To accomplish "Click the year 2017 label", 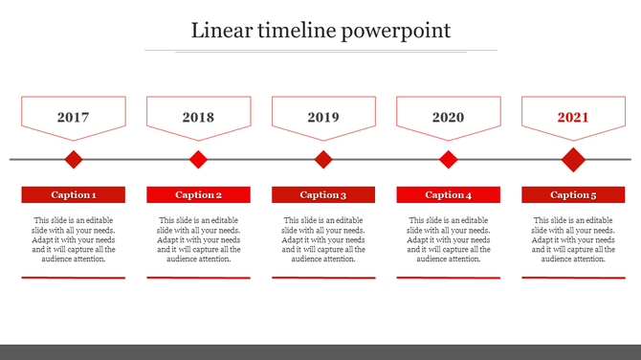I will pyautogui.click(x=73, y=118).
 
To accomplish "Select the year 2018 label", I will pyautogui.click(x=198, y=118).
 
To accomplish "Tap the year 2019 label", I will pyautogui.click(x=323, y=118).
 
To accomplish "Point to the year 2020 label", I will pyautogui.click(x=448, y=118).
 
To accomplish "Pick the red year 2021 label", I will pyautogui.click(x=573, y=118).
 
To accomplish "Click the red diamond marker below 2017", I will pyautogui.click(x=74, y=159).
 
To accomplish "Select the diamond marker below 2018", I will pyautogui.click(x=198, y=159).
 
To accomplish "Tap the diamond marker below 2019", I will pyautogui.click(x=323, y=159).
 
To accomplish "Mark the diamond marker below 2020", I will pyautogui.click(x=449, y=159).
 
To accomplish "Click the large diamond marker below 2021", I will pyautogui.click(x=573, y=159).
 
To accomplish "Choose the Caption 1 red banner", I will pyautogui.click(x=74, y=194).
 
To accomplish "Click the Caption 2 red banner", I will pyautogui.click(x=198, y=194).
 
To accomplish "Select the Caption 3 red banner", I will pyautogui.click(x=323, y=194).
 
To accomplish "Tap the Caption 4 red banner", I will pyautogui.click(x=449, y=194).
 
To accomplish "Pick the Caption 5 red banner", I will pyautogui.click(x=573, y=194).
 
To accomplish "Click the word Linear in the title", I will pyautogui.click(x=219, y=31).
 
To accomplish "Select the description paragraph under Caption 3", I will pyautogui.click(x=323, y=239).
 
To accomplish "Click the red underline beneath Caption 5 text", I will pyautogui.click(x=573, y=278).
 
